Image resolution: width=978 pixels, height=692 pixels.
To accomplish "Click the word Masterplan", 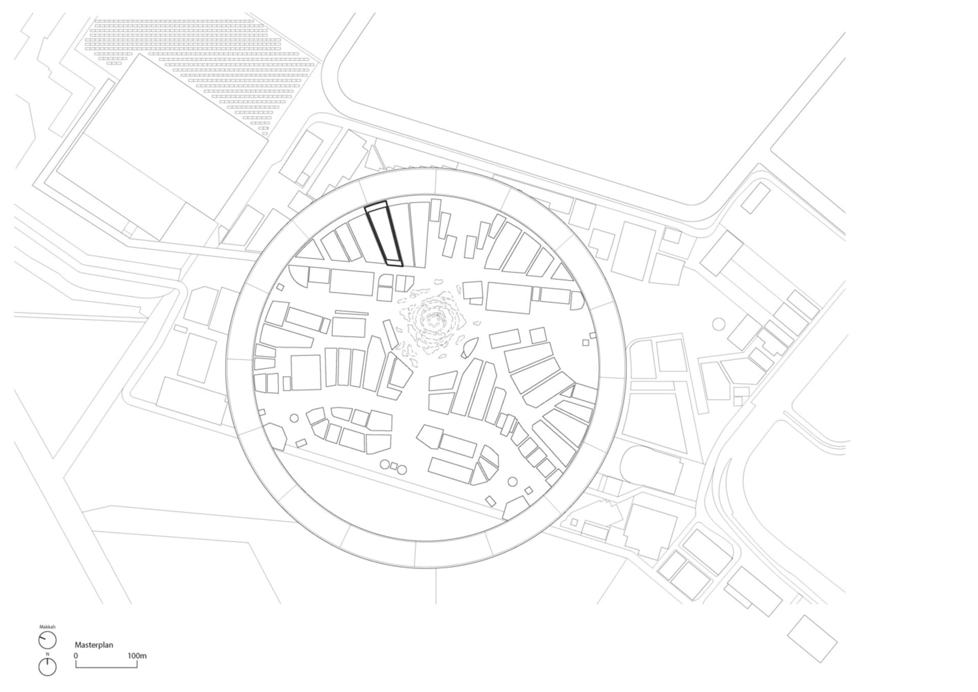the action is click(x=94, y=645).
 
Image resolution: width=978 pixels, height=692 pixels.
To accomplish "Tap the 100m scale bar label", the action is click(x=137, y=656).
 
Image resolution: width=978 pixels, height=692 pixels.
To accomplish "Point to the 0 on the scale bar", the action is click(x=76, y=656).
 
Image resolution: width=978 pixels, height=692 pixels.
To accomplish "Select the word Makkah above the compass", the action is click(x=47, y=627).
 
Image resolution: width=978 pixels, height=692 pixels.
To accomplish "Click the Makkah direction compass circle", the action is click(x=47, y=641).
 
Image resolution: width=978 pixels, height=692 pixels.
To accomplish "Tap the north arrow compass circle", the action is click(x=47, y=667).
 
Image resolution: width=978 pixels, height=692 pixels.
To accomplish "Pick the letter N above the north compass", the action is click(x=47, y=654).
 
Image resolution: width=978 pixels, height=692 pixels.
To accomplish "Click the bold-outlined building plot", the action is click(x=384, y=234).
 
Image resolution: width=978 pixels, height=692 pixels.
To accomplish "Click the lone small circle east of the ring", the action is click(x=718, y=323).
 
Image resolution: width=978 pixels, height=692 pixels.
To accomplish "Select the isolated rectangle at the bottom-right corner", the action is click(x=812, y=638).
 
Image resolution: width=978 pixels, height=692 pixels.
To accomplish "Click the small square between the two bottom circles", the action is click(x=393, y=466).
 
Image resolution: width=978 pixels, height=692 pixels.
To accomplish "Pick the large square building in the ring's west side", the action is click(x=306, y=372).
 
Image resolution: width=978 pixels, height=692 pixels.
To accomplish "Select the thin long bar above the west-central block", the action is click(x=351, y=312).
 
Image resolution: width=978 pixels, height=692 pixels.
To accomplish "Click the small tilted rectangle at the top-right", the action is click(x=755, y=198).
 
